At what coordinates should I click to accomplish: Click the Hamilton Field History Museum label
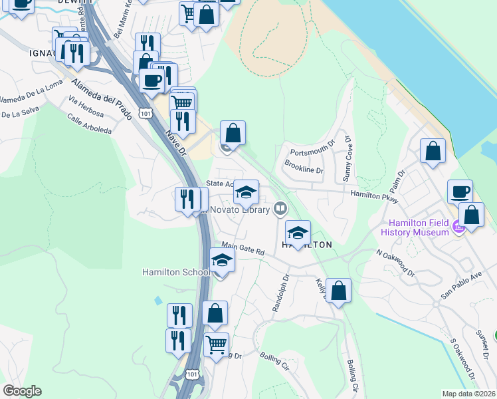point(415,227)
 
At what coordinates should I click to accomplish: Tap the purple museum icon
point(458,229)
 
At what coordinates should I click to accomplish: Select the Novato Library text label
point(241,210)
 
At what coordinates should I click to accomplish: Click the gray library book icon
point(280,209)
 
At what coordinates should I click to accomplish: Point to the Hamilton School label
point(175,272)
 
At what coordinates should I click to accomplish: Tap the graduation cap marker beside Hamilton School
point(223,261)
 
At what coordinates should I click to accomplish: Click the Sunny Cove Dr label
point(346,158)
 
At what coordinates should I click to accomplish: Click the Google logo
point(23,390)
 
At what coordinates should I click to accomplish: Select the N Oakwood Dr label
point(395,263)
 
